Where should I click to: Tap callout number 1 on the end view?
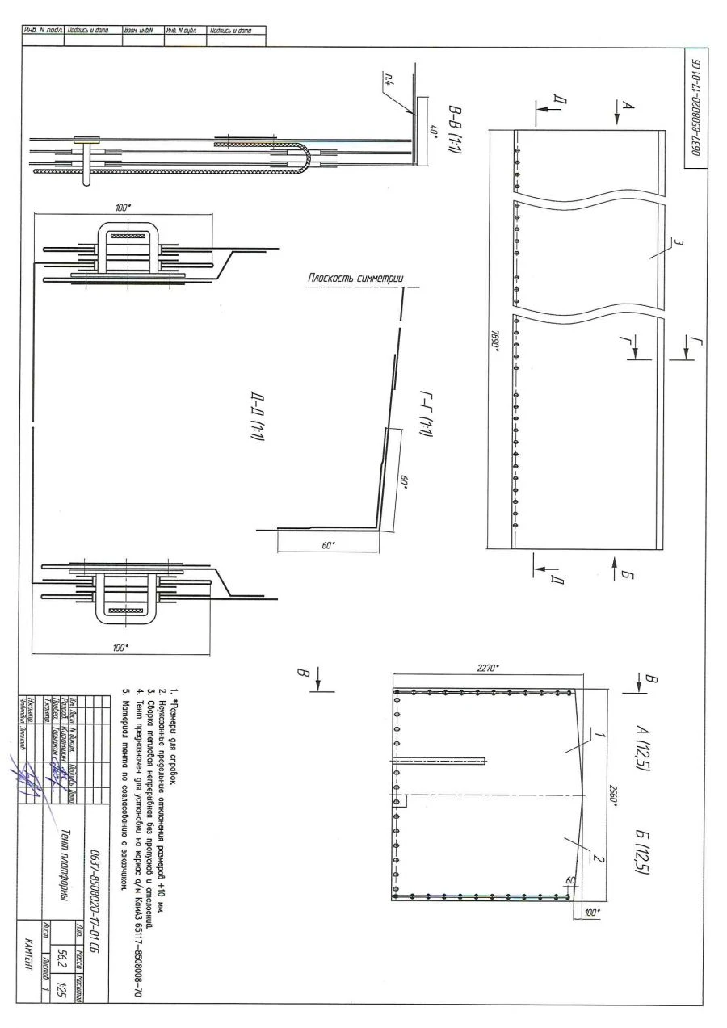[x=600, y=735]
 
